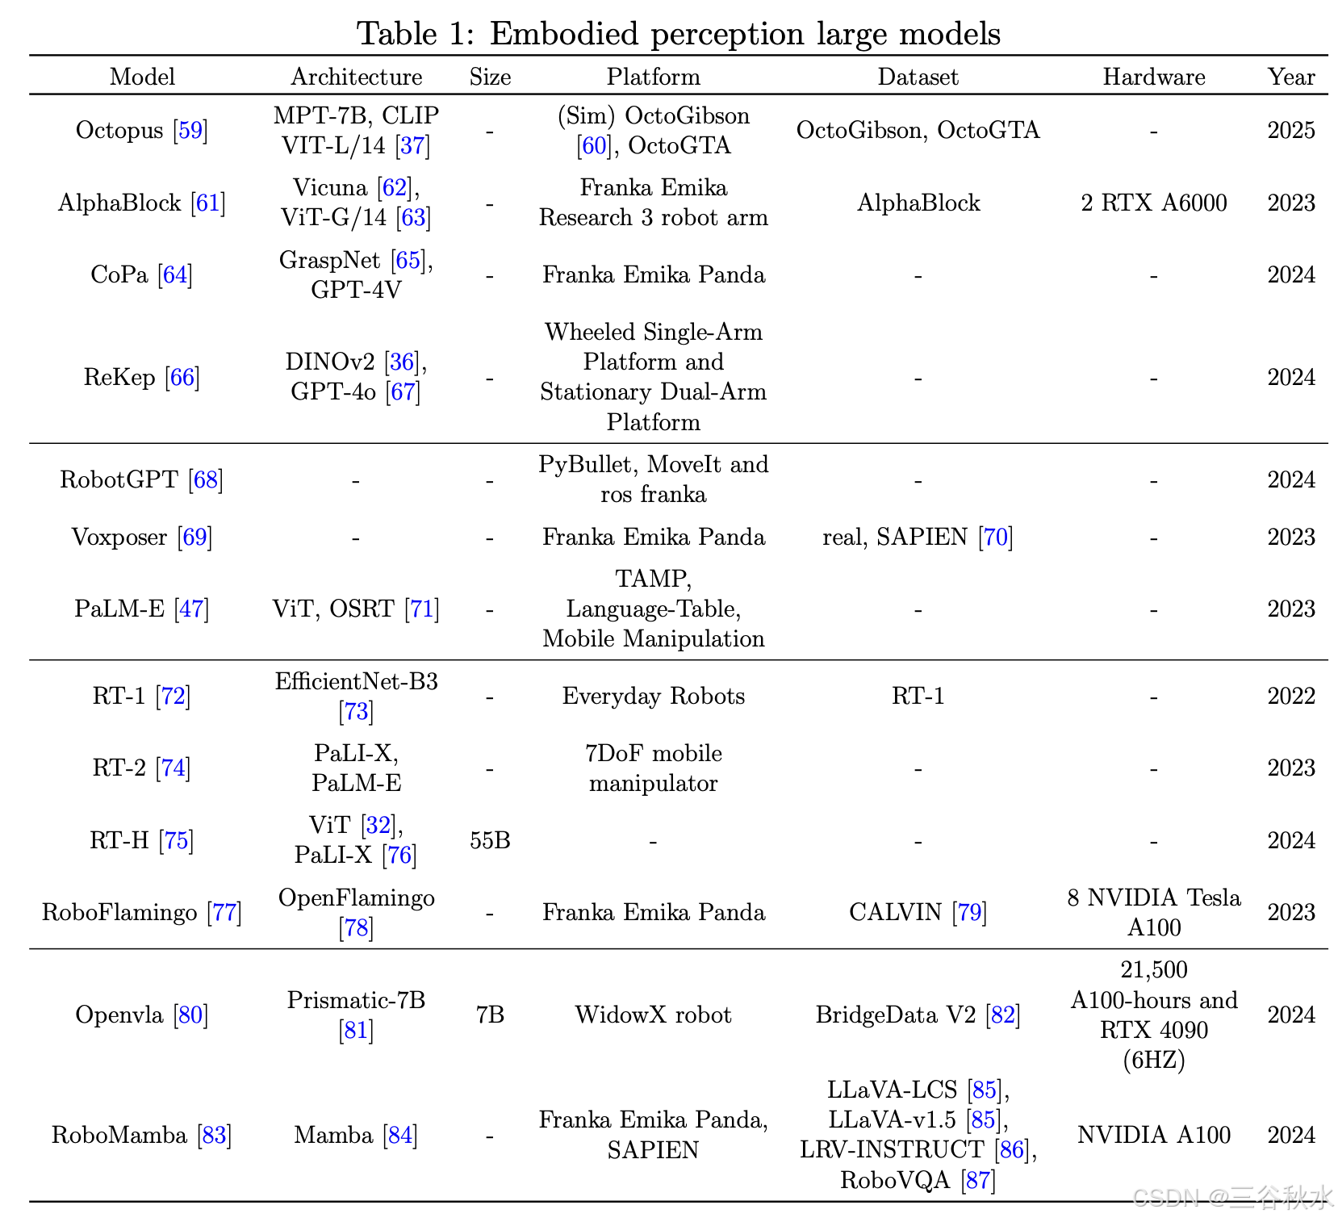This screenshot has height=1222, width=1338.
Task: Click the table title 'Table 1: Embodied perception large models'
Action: pyautogui.click(x=678, y=34)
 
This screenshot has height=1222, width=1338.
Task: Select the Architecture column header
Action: pyautogui.click(x=356, y=77)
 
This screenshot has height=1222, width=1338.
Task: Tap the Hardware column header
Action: pyautogui.click(x=1153, y=77)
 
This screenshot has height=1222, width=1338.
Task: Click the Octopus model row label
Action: pyautogui.click(x=119, y=130)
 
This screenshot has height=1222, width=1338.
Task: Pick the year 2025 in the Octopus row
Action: pyautogui.click(x=1290, y=130)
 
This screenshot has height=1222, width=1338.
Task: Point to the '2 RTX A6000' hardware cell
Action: pyautogui.click(x=1153, y=203)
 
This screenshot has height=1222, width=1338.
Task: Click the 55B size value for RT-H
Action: pyautogui.click(x=490, y=840)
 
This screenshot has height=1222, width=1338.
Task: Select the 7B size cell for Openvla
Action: pyautogui.click(x=490, y=1015)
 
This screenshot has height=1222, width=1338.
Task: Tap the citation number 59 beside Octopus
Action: pyautogui.click(x=190, y=130)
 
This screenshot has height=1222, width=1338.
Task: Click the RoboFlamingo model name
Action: pyautogui.click(x=119, y=912)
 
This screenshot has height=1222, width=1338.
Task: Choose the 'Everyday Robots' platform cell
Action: pyautogui.click(x=653, y=696)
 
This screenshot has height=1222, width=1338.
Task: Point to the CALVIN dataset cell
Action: pyautogui.click(x=895, y=912)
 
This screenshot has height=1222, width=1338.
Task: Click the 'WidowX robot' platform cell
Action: pyautogui.click(x=653, y=1015)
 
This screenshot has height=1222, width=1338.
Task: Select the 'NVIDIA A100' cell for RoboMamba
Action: pyautogui.click(x=1153, y=1135)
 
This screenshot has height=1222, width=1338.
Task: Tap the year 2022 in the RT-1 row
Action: pyautogui.click(x=1290, y=696)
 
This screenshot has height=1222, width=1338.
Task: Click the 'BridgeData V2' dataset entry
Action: pyautogui.click(x=896, y=1015)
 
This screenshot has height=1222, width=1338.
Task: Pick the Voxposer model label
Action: pyautogui.click(x=119, y=537)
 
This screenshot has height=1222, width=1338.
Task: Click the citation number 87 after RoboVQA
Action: pyautogui.click(x=978, y=1181)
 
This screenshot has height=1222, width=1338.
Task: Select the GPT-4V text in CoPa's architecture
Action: pyautogui.click(x=356, y=290)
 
